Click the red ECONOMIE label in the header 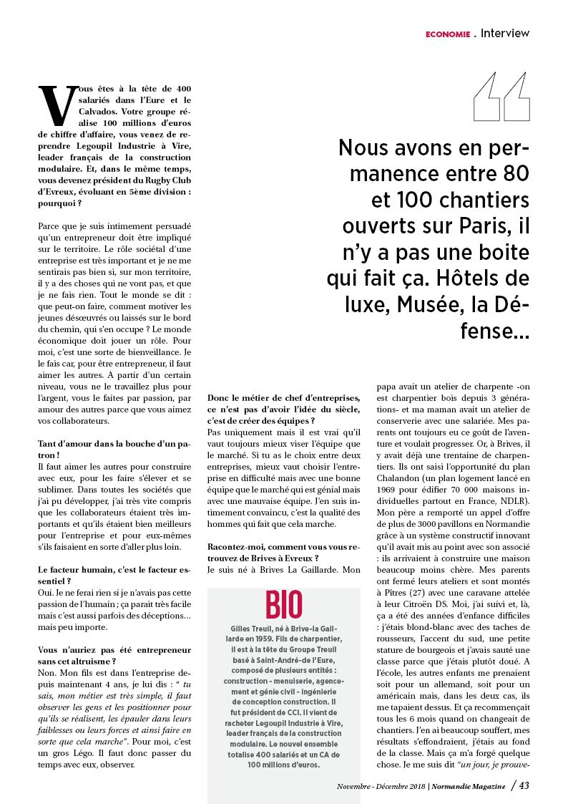[447, 34]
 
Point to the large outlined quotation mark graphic [500, 97]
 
